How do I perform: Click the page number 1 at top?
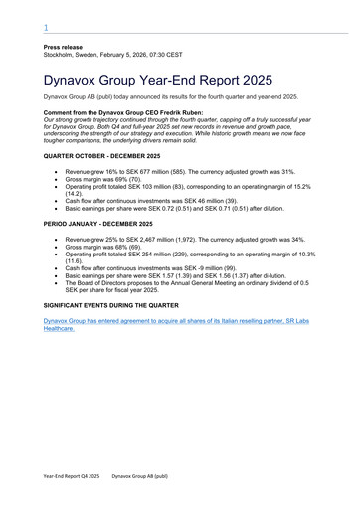46,28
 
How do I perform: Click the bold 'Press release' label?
63,47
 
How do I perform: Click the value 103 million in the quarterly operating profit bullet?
162,186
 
